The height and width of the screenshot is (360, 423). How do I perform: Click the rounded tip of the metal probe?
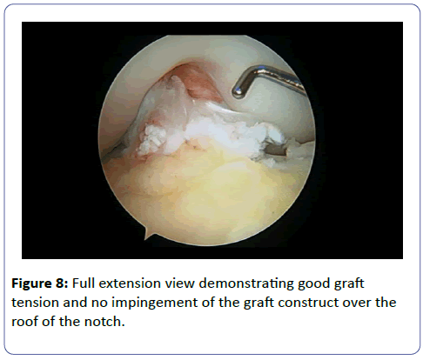point(238,91)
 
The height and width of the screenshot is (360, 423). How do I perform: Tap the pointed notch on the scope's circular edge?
point(146,234)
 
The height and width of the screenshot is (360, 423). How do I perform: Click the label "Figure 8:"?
point(40,283)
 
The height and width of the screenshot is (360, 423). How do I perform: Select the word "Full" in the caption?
point(84,283)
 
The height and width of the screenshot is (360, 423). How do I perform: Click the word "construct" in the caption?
point(308,303)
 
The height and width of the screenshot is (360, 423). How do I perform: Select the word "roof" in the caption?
point(25,322)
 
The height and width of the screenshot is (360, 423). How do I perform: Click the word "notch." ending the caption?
point(104,322)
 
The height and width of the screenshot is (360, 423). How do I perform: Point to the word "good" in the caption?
point(314,283)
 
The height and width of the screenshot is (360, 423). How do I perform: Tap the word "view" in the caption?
point(179,283)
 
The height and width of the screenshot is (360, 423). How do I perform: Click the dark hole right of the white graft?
point(276,150)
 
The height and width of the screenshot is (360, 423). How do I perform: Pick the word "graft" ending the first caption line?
point(349,283)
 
